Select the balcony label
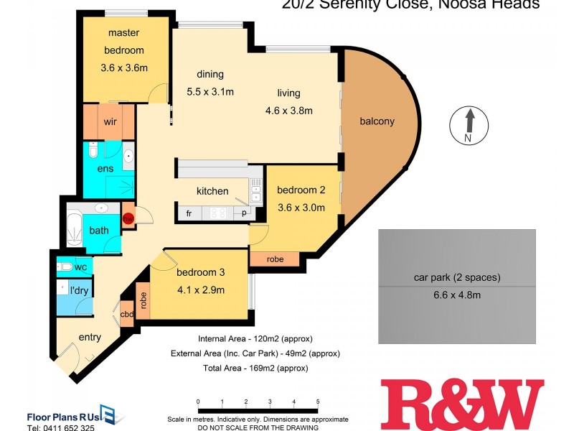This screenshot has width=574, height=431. point(377,121)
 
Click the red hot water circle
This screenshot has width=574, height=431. point(128,218)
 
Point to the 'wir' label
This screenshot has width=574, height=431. point(110,122)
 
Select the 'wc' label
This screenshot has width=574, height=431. point(80,267)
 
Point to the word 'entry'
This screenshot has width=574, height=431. point(90,337)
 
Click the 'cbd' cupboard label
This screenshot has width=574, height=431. point(127,314)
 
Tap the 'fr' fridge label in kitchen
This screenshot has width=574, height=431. point(189,213)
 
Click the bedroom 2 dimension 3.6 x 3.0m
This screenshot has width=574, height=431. point(301,208)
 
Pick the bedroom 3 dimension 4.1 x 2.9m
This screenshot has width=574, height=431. point(200,290)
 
